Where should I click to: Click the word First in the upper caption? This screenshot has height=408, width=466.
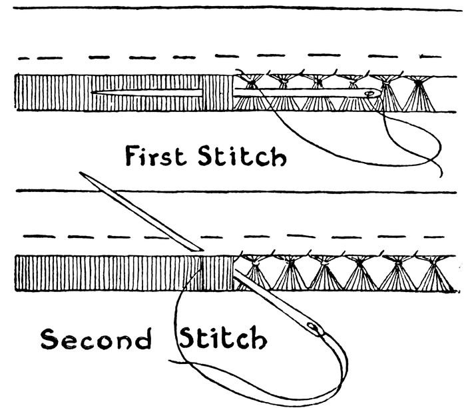pos(158,158)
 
